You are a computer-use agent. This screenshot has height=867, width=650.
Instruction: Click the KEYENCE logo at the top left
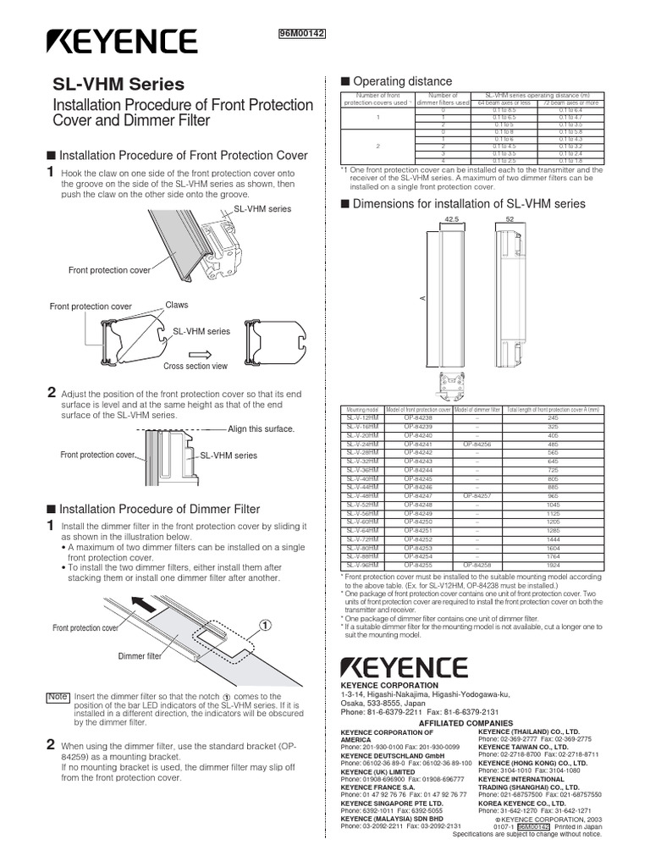click(x=120, y=41)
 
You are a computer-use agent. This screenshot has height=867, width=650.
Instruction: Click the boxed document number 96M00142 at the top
click(x=302, y=33)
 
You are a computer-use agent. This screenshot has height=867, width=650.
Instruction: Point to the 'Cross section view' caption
click(x=196, y=366)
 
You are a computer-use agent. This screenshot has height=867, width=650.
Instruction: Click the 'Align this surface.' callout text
click(x=262, y=429)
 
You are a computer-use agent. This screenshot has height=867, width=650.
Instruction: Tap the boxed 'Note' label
click(x=57, y=696)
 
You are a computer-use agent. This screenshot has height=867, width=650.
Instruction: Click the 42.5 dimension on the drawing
click(x=450, y=218)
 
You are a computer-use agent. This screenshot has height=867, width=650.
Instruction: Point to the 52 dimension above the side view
click(x=510, y=218)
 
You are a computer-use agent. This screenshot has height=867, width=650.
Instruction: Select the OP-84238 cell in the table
click(x=418, y=418)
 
